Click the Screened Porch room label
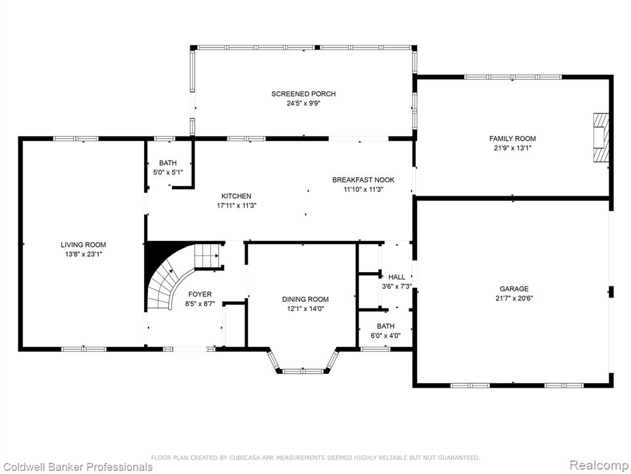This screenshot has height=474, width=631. pyautogui.click(x=303, y=94)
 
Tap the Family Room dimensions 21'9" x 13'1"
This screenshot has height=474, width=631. pyautogui.click(x=512, y=148)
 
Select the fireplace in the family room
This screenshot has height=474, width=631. pyautogui.click(x=600, y=138)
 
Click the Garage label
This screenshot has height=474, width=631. pyautogui.click(x=514, y=289)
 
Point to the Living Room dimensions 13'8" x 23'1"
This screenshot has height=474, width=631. pyautogui.click(x=83, y=254)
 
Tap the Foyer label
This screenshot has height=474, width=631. pyautogui.click(x=200, y=294)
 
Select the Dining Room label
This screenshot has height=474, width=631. pyautogui.click(x=305, y=299)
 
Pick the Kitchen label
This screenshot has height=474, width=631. pyautogui.click(x=236, y=196)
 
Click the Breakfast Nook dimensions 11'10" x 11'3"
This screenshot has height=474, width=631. pyautogui.click(x=364, y=189)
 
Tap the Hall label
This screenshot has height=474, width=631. pyautogui.click(x=397, y=277)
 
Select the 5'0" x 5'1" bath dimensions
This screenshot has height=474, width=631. pyautogui.click(x=168, y=173)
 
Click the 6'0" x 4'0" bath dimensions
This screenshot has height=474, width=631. pyautogui.click(x=386, y=336)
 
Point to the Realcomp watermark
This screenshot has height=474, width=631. pyautogui.click(x=599, y=465)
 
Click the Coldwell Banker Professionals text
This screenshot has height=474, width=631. pyautogui.click(x=76, y=467)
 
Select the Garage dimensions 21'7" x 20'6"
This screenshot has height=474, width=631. pyautogui.click(x=514, y=298)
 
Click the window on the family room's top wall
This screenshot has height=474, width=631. pyautogui.click(x=513, y=77)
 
